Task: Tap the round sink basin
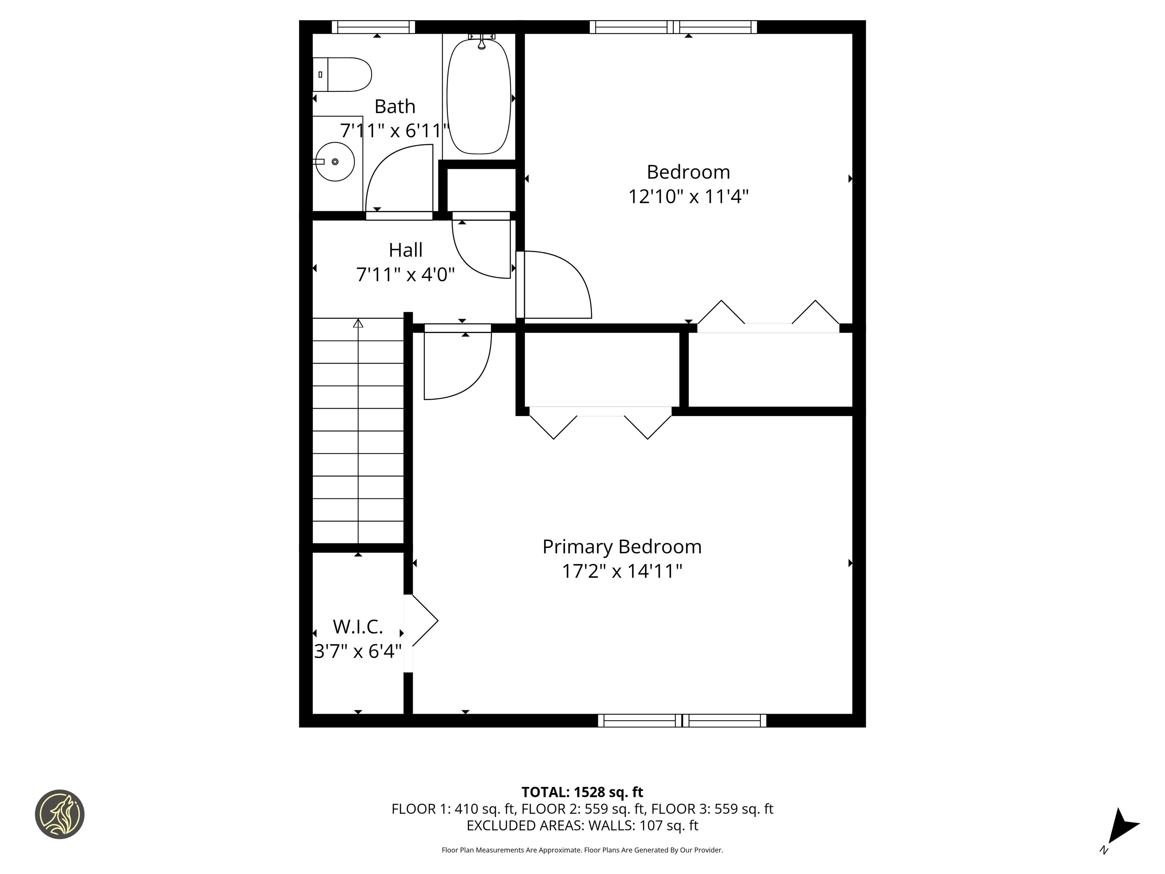tap(335, 162)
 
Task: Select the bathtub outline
tap(479, 96)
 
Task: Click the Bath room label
tap(395, 107)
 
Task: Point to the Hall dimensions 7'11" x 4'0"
tap(405, 275)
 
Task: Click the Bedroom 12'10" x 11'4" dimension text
tap(688, 197)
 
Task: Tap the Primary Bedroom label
tap(622, 547)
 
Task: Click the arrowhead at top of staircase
tap(358, 323)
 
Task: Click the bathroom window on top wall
tap(374, 27)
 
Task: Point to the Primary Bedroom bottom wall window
tap(682, 721)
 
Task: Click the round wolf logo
tap(60, 814)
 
